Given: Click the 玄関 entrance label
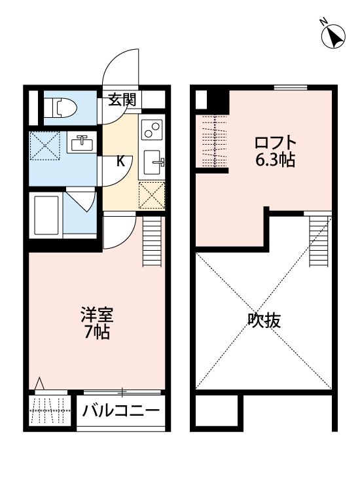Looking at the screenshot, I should (122, 100).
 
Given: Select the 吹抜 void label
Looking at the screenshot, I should (264, 320).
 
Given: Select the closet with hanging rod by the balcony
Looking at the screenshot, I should (50, 410).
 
